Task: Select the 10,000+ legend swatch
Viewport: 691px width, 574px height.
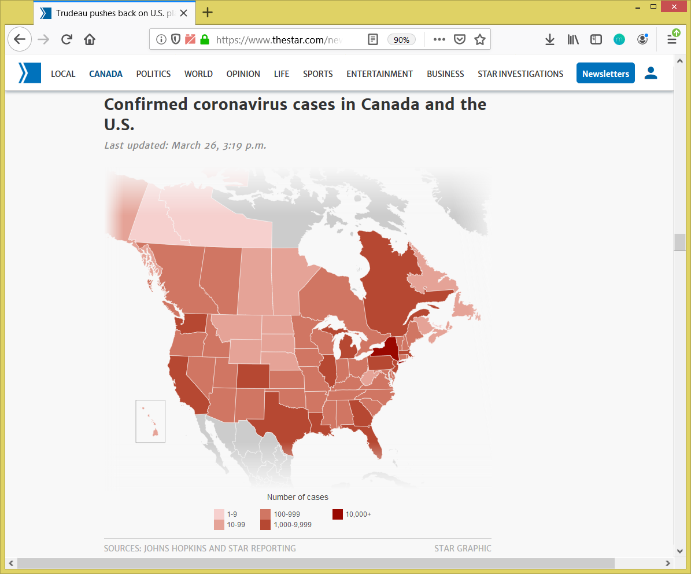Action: tap(338, 514)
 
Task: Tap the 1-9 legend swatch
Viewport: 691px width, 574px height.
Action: tap(219, 514)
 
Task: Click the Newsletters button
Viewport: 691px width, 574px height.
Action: tap(605, 73)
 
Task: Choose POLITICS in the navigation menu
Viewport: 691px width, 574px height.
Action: tap(153, 73)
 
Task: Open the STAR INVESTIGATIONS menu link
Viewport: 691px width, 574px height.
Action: tap(520, 73)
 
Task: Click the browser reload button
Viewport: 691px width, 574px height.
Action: tap(66, 39)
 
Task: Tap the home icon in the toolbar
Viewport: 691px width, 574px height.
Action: tap(89, 39)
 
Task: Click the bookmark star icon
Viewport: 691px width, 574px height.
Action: tap(479, 39)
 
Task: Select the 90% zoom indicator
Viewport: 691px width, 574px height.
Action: tap(401, 39)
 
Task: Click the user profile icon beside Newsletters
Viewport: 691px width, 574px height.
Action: tap(651, 73)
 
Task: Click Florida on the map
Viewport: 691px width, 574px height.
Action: tap(373, 440)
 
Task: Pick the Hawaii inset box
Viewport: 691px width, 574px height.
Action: tap(150, 421)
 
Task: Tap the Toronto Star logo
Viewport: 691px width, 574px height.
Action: tap(29, 73)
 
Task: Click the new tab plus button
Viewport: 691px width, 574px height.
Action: tap(208, 12)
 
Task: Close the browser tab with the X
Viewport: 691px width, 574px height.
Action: tap(184, 13)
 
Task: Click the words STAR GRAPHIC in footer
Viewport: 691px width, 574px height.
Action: tap(463, 548)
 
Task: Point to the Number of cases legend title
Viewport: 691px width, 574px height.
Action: tap(297, 497)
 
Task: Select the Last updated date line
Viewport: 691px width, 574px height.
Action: tap(185, 145)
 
